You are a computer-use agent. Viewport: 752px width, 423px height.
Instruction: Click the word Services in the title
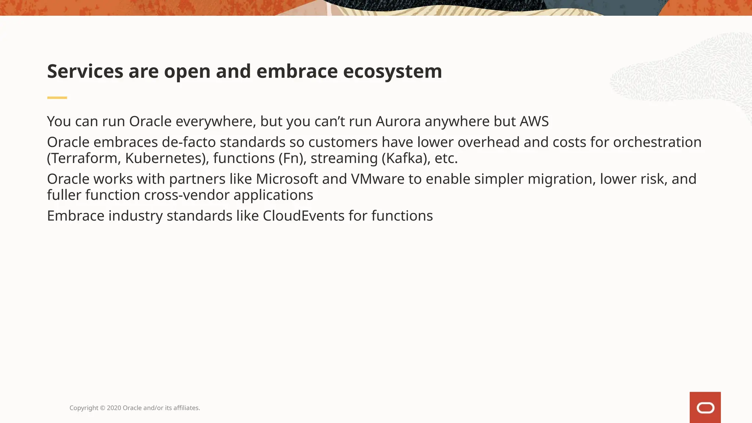tap(85, 71)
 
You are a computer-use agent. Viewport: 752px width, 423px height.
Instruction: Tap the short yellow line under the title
tap(57, 98)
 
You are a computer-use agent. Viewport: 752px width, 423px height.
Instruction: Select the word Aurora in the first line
tap(398, 122)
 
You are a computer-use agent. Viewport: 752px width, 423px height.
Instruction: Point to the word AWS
tap(534, 122)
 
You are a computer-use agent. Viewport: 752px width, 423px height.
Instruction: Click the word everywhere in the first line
tap(216, 122)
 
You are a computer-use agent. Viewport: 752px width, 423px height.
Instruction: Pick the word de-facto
tap(189, 142)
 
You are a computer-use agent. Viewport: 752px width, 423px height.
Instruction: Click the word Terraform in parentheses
tap(84, 159)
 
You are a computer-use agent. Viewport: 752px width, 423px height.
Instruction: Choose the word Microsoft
tap(287, 179)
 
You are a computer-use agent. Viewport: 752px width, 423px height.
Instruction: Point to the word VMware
tap(377, 179)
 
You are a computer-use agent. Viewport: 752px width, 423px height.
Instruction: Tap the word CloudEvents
tap(303, 216)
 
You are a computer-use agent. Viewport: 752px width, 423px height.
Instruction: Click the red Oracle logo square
tap(705, 407)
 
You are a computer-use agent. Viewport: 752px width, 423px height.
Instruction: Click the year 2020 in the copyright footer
tap(114, 408)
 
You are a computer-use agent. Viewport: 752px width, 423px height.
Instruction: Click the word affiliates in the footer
tap(186, 408)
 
